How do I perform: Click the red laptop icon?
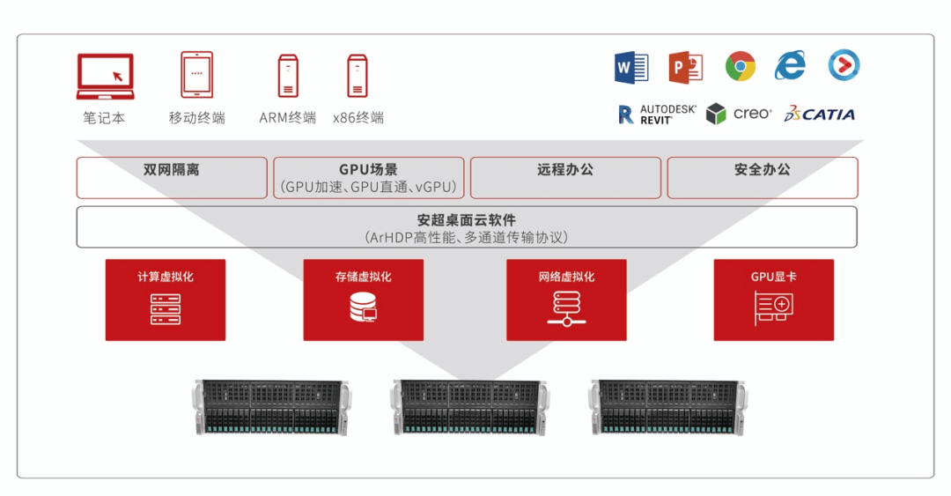click(x=105, y=76)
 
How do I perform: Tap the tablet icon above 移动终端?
click(x=196, y=74)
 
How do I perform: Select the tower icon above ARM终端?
click(x=288, y=76)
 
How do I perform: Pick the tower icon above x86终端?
click(x=357, y=76)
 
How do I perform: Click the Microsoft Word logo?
click(x=630, y=67)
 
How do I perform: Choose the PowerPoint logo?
click(x=685, y=67)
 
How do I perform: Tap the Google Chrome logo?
click(x=741, y=66)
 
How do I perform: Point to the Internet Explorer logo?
click(x=790, y=66)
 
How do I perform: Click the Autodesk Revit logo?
click(x=657, y=114)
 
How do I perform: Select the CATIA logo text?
click(x=820, y=114)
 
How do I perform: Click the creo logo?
click(x=740, y=114)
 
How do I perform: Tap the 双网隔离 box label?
click(x=172, y=170)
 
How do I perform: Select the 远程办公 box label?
click(x=565, y=170)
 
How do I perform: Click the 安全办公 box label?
click(x=763, y=170)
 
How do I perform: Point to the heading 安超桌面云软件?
click(x=467, y=220)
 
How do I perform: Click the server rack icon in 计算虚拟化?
click(x=166, y=308)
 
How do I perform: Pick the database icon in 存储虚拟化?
click(x=363, y=307)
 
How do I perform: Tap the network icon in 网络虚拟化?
click(x=566, y=307)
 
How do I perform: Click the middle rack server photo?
click(x=469, y=407)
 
